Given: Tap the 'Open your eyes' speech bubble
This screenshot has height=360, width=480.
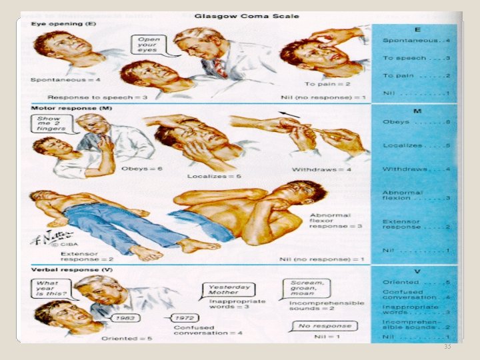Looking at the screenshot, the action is click(149, 45).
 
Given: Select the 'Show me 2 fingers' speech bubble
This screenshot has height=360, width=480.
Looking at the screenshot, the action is click(51, 123).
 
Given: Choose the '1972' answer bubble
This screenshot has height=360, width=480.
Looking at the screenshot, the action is click(185, 318).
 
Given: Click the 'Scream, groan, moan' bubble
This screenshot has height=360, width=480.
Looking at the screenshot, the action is click(306, 288).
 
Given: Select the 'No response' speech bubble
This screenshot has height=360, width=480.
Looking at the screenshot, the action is click(323, 326).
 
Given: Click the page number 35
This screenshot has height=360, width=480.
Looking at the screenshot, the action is click(447, 347).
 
